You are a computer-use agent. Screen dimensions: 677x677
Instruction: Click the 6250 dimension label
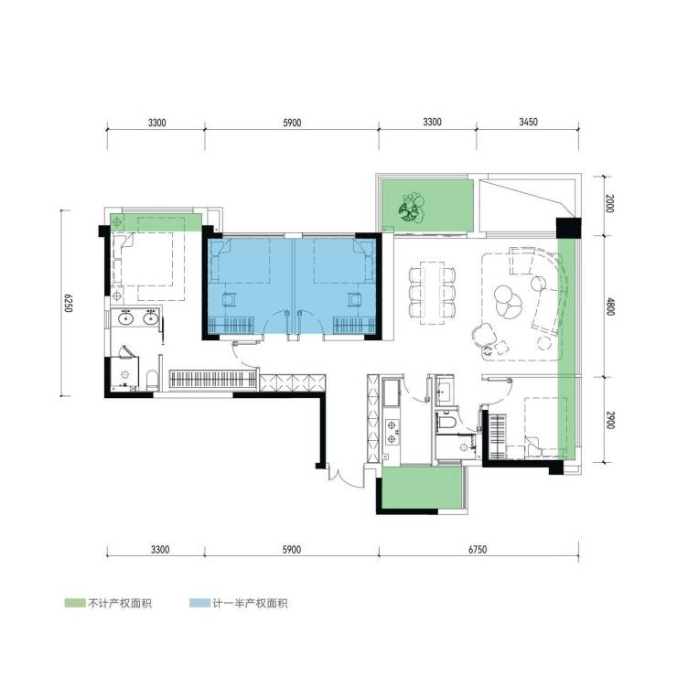pyautogui.click(x=68, y=303)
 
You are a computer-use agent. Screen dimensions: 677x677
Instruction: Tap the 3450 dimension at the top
pyautogui.click(x=528, y=122)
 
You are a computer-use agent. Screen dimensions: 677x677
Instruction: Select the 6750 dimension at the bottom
pyautogui.click(x=478, y=549)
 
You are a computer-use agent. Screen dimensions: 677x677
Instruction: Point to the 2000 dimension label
pyautogui.click(x=609, y=203)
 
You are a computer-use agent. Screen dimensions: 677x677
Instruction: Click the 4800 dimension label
pyautogui.click(x=609, y=306)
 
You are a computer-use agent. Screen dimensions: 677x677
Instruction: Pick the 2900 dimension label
pyautogui.click(x=609, y=420)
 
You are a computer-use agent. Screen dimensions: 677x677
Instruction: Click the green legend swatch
pyautogui.click(x=75, y=603)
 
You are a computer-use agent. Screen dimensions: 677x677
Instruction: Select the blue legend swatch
pyautogui.click(x=199, y=603)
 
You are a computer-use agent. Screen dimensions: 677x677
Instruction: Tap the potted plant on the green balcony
pyautogui.click(x=411, y=208)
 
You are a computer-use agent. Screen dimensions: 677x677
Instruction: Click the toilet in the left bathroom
pyautogui.click(x=152, y=379)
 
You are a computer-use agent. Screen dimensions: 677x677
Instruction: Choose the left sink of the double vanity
pyautogui.click(x=125, y=318)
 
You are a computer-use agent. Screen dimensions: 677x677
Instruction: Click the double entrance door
pyautogui.click(x=346, y=475)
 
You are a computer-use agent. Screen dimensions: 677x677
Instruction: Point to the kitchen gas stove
pyautogui.click(x=392, y=432)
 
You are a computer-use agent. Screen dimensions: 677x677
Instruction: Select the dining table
pyautogui.click(x=432, y=293)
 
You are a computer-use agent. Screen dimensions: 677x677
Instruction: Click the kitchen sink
pyautogui.click(x=392, y=392)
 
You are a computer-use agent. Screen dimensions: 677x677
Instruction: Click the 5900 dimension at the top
pyautogui.click(x=292, y=123)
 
